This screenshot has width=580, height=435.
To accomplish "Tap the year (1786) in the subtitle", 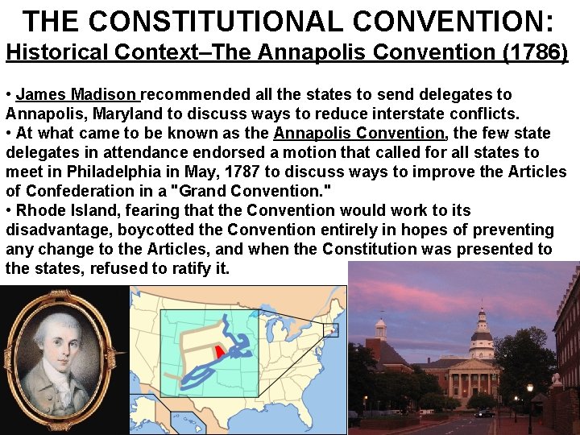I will [534, 53].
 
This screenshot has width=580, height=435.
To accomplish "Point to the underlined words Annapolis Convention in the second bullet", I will [359, 133].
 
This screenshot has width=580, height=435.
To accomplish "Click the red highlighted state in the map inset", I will [219, 352].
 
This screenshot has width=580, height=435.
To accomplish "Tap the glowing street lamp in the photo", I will [529, 388].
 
